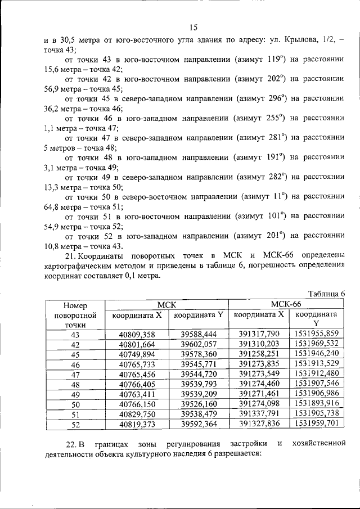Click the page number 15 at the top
pyautogui.click(x=193, y=27)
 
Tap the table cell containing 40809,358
pyautogui.click(x=137, y=334)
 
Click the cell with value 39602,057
pyautogui.click(x=199, y=344)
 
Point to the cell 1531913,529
pyautogui.click(x=316, y=364)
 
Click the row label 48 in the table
pyautogui.click(x=75, y=384)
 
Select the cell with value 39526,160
pyautogui.click(x=199, y=404)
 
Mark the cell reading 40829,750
pyautogui.click(x=137, y=414)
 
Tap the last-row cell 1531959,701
pyautogui.click(x=316, y=424)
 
